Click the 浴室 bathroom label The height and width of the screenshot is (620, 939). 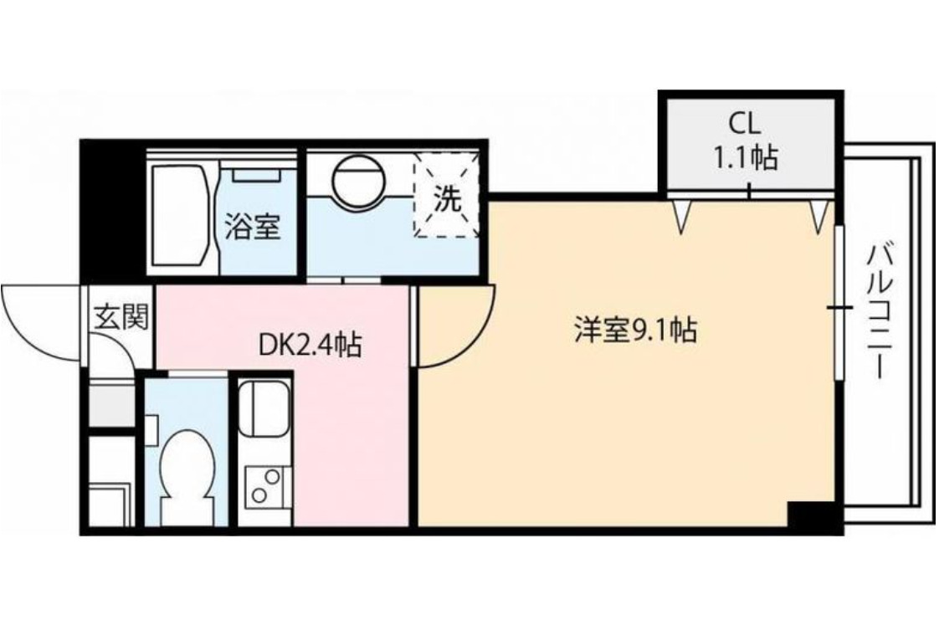tap(252, 228)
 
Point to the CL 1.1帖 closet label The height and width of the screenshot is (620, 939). tap(746, 141)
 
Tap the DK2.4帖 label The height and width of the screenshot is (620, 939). tap(310, 343)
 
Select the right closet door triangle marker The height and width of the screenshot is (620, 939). tap(819, 216)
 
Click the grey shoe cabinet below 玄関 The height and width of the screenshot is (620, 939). tap(112, 404)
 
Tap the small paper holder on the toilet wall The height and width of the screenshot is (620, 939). tap(151, 428)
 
